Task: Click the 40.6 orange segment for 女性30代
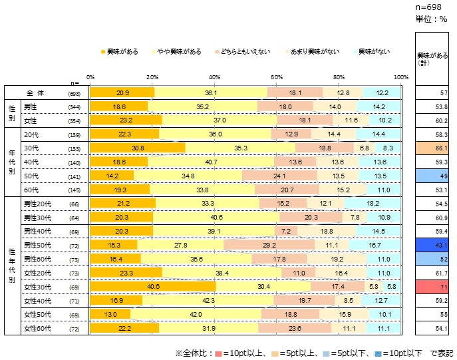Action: (153, 286)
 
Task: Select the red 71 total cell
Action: (436, 286)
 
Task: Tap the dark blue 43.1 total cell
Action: (436, 244)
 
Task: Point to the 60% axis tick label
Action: (277, 77)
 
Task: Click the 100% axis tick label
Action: (400, 77)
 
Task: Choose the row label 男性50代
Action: (37, 244)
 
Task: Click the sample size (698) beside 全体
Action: (75, 94)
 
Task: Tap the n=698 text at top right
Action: (430, 6)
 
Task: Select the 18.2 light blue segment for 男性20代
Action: (373, 203)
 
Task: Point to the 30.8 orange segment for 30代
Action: (138, 147)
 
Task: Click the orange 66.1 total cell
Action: (436, 147)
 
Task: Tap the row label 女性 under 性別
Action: (31, 120)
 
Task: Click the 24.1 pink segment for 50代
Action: (279, 176)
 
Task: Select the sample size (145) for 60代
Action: (75, 190)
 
